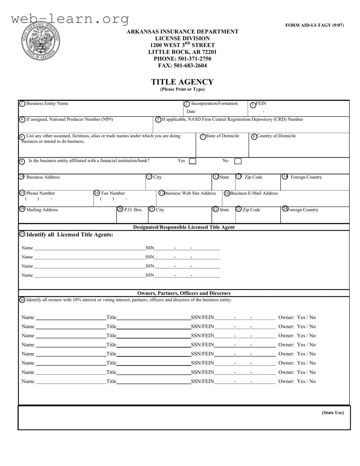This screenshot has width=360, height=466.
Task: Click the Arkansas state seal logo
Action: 40,41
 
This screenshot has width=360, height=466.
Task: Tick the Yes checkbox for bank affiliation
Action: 192,161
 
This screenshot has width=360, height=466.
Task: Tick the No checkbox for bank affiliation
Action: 238,161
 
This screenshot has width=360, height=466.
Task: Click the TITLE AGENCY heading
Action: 182,82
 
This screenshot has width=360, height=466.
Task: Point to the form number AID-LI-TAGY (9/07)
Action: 314,25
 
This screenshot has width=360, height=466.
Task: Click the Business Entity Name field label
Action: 47,104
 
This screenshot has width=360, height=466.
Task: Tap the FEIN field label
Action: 261,104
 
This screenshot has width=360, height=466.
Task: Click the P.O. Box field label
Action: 133,210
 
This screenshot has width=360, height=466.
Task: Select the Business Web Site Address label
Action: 190,193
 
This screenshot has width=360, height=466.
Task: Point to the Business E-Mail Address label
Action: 254,193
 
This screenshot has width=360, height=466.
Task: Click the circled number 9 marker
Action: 22,162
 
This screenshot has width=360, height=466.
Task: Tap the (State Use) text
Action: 333,413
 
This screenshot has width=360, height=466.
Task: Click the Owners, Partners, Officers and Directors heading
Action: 184,293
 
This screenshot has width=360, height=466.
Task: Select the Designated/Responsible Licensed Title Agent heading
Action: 184,227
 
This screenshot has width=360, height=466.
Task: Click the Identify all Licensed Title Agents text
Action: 70,235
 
